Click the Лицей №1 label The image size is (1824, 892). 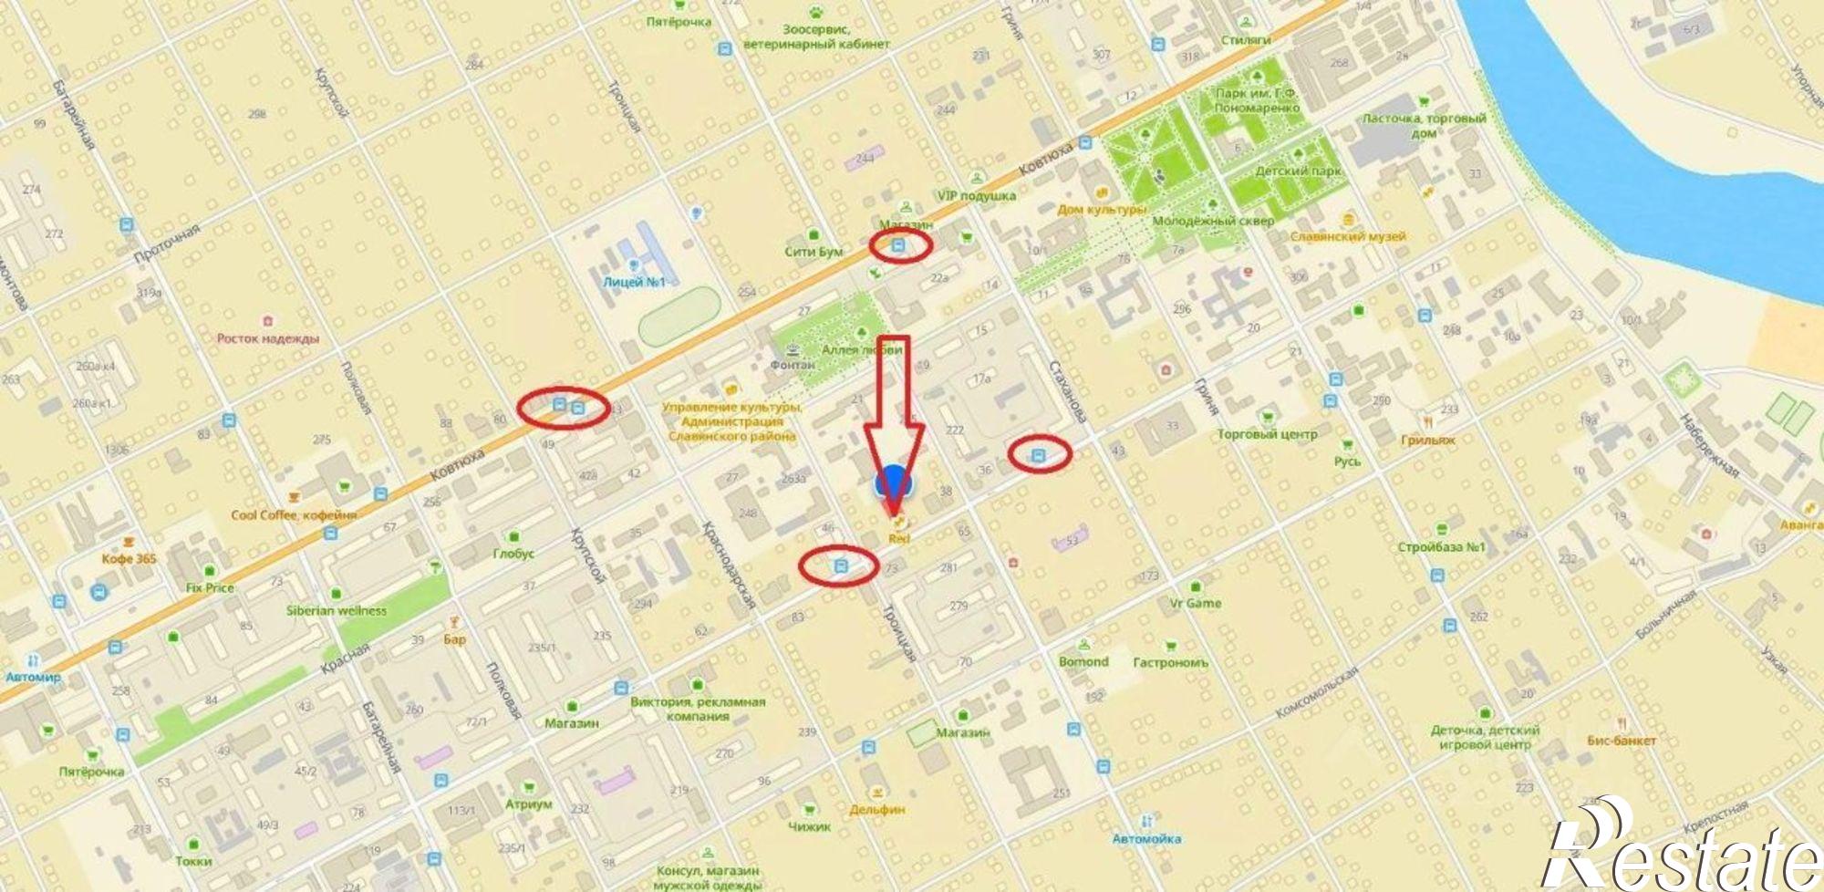(x=634, y=282)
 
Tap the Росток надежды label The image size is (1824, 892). (x=267, y=338)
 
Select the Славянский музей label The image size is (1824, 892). (x=1347, y=236)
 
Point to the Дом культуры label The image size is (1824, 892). (x=1101, y=210)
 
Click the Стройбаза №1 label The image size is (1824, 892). (x=1441, y=547)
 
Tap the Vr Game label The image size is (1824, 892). (x=1196, y=603)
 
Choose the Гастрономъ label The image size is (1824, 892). (x=1170, y=662)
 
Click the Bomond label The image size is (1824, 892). (x=1083, y=661)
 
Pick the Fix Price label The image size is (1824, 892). (x=210, y=587)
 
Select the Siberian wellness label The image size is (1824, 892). (x=336, y=610)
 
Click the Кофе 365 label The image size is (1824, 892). (x=129, y=558)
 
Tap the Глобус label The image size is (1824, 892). (x=513, y=553)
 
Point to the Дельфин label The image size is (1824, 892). (x=876, y=809)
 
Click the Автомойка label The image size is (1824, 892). (x=1146, y=838)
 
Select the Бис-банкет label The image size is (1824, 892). (x=1621, y=741)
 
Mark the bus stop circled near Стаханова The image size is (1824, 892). (x=1038, y=454)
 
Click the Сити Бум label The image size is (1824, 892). (x=814, y=251)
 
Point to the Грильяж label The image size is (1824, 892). (x=1427, y=440)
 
